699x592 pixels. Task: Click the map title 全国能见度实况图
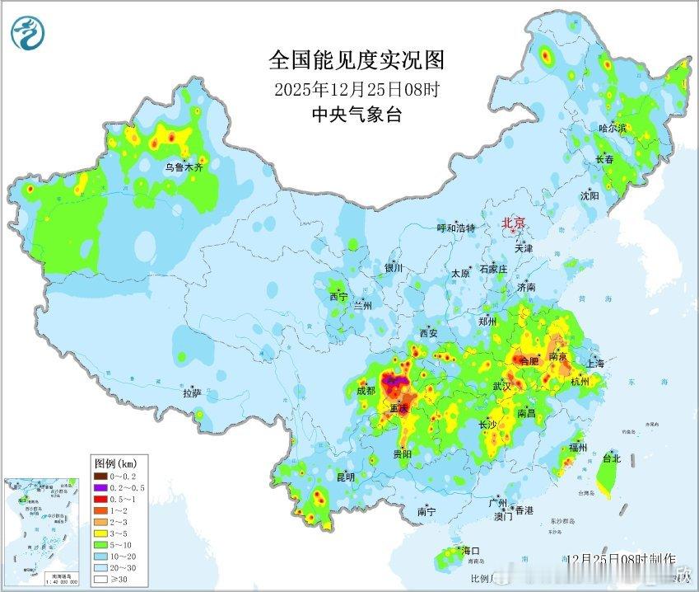point(356,61)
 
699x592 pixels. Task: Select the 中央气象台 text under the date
point(356,115)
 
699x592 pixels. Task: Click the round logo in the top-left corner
point(30,32)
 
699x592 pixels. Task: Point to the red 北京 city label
point(514,223)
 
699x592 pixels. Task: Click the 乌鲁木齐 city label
point(183,167)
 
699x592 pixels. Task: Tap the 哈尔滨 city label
point(613,129)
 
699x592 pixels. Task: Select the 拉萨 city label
point(192,394)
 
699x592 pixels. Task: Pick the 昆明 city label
point(345,477)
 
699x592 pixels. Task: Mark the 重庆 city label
point(399,408)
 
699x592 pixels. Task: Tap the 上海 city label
point(594,364)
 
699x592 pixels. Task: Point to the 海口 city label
point(471,551)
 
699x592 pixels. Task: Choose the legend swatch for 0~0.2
point(99,476)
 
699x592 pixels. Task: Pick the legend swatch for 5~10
point(99,544)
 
